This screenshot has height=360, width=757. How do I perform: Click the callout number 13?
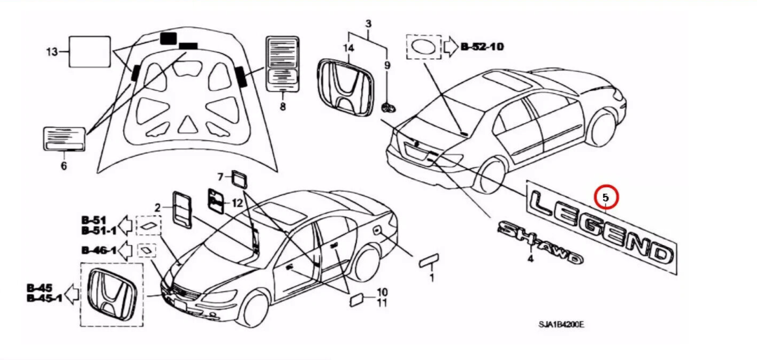(x=51, y=52)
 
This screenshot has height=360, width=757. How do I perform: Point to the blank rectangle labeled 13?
(x=90, y=51)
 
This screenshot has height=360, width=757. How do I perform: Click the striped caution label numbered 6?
(x=64, y=139)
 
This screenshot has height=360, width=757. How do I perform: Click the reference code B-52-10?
(x=482, y=47)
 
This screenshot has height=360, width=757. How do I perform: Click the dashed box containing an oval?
(x=423, y=47)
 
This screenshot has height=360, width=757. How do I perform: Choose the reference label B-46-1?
(x=99, y=250)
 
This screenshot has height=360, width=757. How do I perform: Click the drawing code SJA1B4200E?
(x=561, y=324)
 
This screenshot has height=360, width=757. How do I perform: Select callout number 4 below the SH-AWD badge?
(x=530, y=259)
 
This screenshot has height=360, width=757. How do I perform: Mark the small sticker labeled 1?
(x=429, y=261)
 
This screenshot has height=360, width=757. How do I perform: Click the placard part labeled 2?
(x=182, y=210)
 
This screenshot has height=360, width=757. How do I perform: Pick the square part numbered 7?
(x=239, y=178)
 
